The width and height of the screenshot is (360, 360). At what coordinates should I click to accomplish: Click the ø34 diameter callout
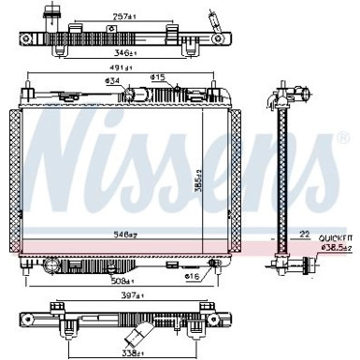coord(112,82)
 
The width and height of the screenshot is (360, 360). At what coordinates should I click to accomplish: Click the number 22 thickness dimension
coord(304,233)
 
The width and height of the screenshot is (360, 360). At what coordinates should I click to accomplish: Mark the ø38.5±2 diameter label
coord(337,248)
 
